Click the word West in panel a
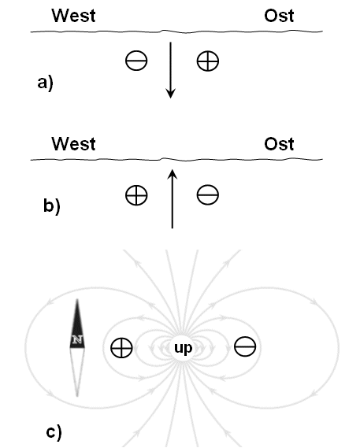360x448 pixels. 73,16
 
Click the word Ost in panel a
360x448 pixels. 279,16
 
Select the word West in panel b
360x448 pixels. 73,143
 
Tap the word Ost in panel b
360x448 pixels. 279,143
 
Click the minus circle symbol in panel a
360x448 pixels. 136,61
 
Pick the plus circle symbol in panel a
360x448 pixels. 208,61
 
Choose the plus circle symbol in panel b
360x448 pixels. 136,195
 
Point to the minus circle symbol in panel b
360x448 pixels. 208,194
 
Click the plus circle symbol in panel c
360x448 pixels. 121,348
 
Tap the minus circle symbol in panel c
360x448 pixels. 245,346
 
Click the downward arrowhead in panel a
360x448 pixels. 171,94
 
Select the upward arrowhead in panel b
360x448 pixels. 173,174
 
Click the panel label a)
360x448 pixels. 46,83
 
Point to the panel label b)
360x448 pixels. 52,205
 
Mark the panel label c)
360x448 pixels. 54,432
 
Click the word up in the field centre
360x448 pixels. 183,348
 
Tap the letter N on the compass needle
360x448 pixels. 77,339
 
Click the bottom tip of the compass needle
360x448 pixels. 77,396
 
